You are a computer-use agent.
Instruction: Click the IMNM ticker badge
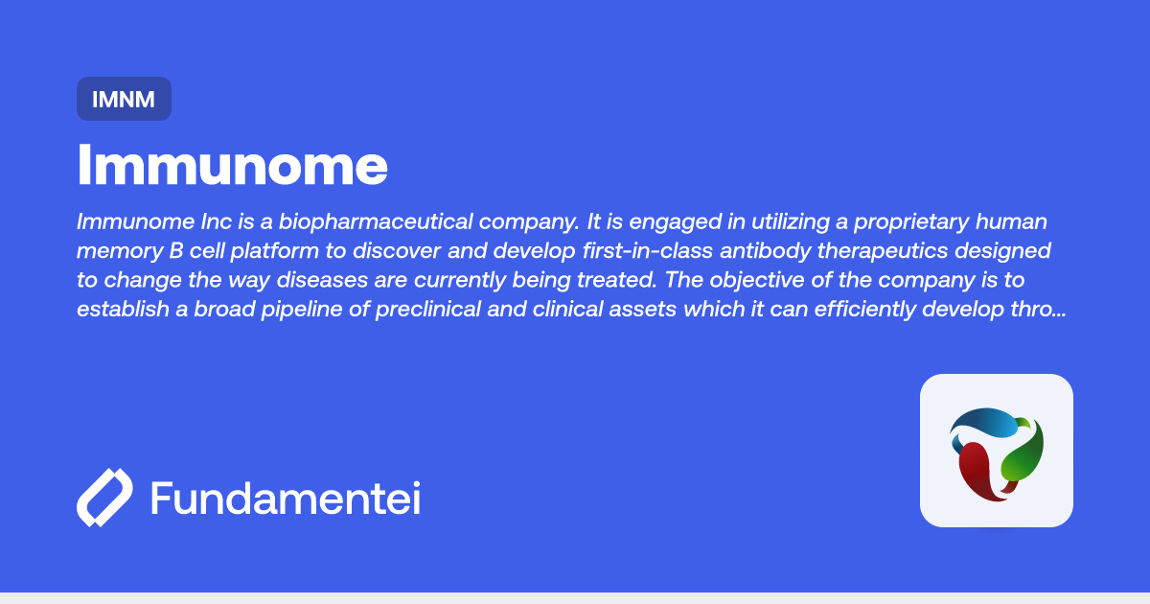(x=124, y=99)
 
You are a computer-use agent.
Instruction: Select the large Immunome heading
(x=233, y=165)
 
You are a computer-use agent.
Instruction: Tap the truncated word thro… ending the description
(x=1036, y=312)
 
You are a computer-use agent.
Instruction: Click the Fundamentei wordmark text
(x=285, y=499)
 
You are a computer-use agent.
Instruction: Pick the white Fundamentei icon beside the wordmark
(x=104, y=498)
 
